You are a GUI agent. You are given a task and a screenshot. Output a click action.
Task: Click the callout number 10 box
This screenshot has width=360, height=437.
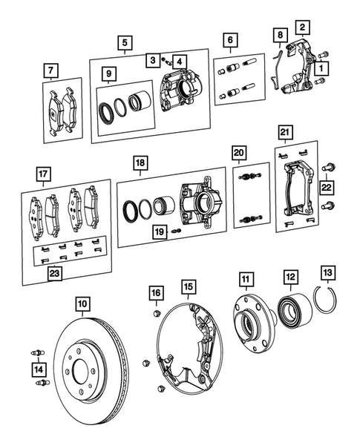click(x=82, y=303)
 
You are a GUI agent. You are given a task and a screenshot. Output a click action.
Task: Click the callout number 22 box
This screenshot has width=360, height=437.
click(x=327, y=188)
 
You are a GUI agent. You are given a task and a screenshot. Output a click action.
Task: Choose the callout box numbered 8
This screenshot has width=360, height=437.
click(x=278, y=35)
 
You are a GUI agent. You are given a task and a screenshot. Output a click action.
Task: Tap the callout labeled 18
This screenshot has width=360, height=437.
click(x=140, y=162)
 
